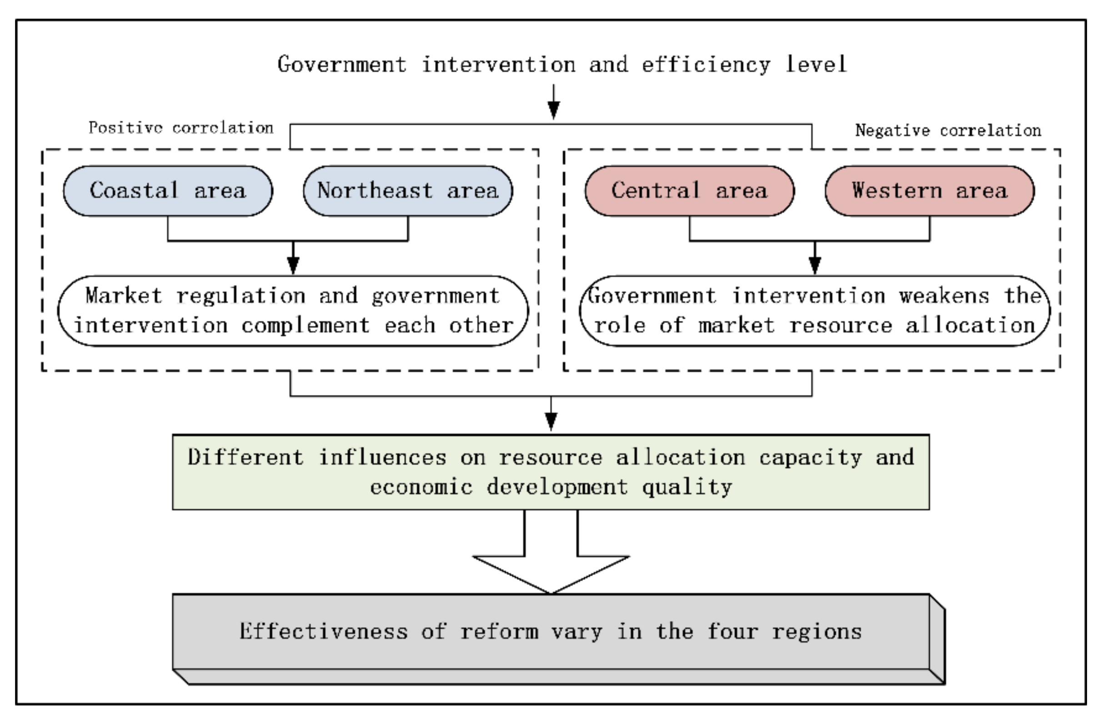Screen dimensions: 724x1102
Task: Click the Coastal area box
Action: click(168, 191)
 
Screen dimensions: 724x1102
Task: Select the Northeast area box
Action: click(407, 191)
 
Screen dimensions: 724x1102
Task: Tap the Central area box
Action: click(690, 191)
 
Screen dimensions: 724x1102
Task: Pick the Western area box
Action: click(929, 191)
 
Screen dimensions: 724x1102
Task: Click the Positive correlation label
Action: click(180, 128)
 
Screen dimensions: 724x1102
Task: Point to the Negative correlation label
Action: click(948, 130)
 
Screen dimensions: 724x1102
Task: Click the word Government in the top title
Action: click(342, 65)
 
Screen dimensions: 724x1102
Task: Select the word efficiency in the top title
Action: click(706, 65)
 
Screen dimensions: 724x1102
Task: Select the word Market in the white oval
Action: click(124, 296)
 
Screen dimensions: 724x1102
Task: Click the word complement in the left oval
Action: click(306, 325)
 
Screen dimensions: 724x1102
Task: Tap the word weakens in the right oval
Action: click(945, 296)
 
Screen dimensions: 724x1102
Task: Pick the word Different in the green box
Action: click(245, 457)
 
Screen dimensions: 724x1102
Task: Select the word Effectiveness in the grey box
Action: click(323, 631)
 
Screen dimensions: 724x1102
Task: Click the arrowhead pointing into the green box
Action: click(551, 420)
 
